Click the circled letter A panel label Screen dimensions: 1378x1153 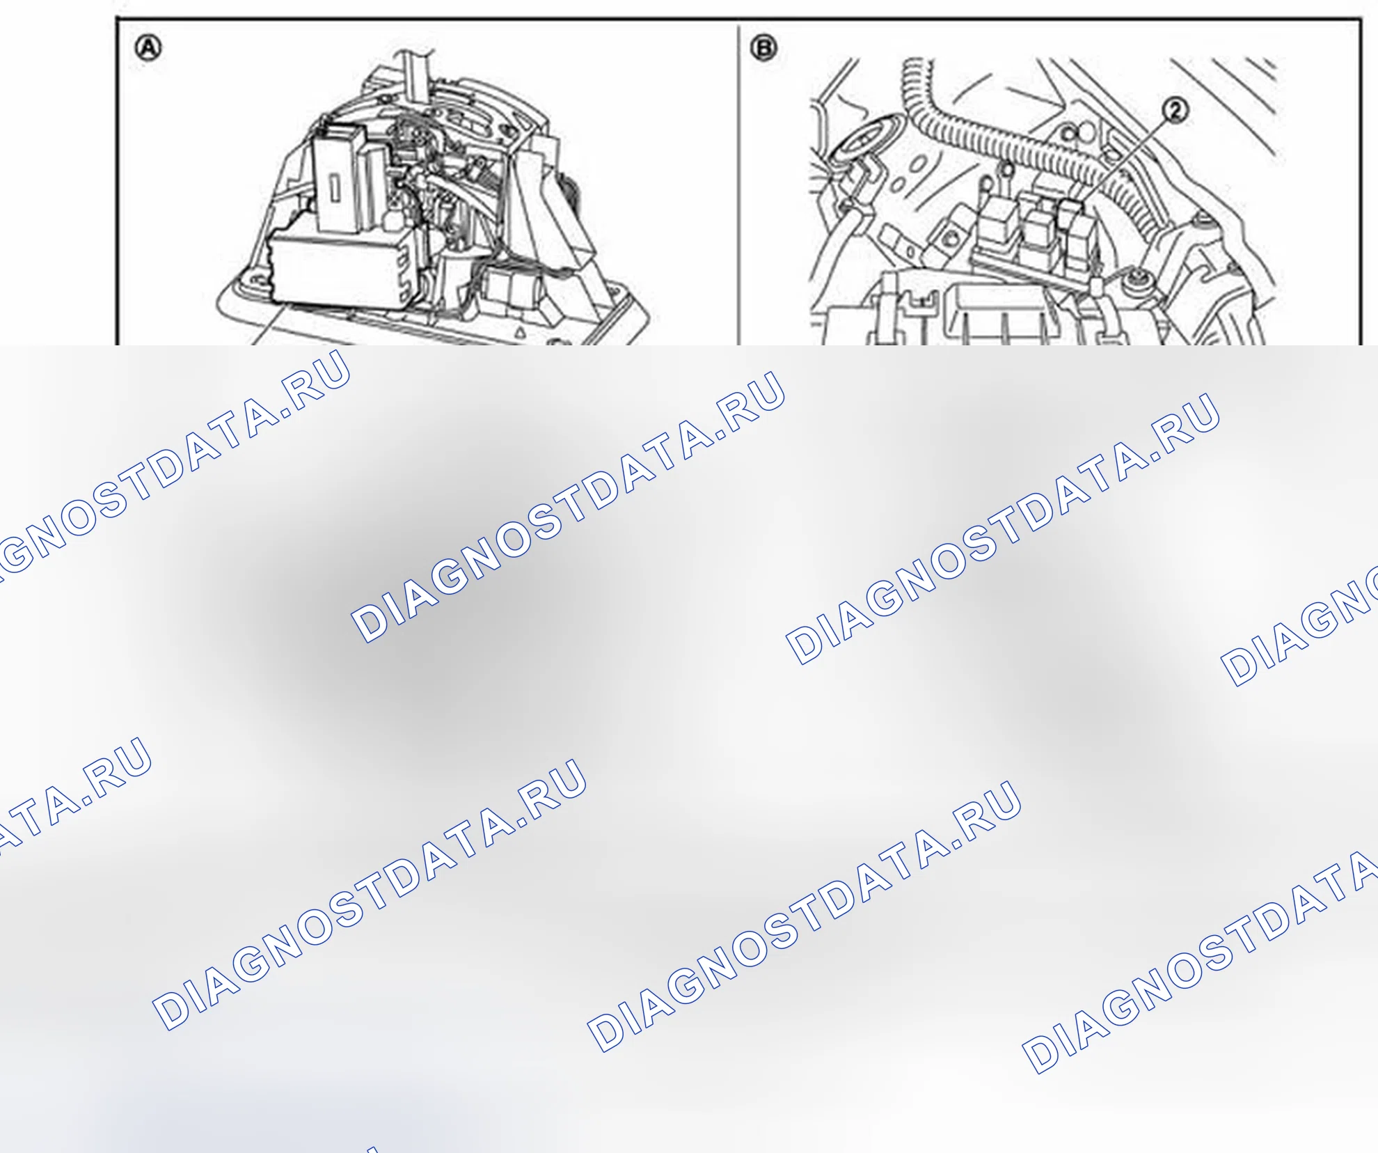click(148, 49)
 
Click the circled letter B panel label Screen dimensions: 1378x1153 click(763, 49)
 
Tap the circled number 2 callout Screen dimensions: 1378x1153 click(1175, 111)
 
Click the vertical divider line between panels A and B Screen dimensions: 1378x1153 click(738, 184)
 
